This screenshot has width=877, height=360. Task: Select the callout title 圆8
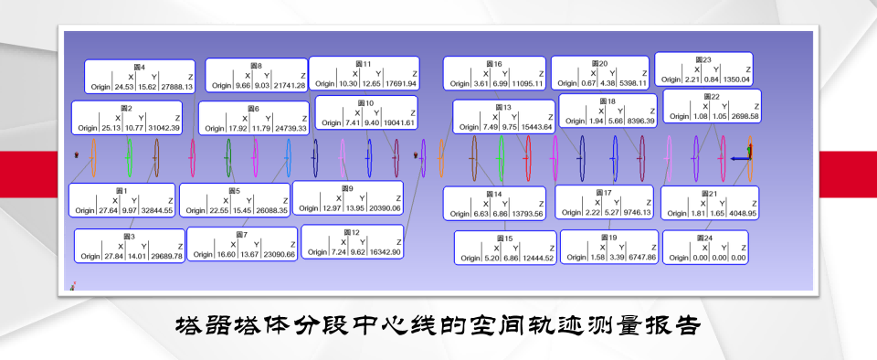click(x=256, y=66)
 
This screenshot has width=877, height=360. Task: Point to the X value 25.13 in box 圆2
click(x=111, y=128)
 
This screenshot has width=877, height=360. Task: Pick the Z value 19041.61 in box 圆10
click(x=396, y=122)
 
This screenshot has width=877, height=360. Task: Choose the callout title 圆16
click(x=494, y=63)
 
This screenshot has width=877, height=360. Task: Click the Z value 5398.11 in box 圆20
click(x=629, y=82)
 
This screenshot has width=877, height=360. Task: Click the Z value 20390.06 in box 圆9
click(x=382, y=208)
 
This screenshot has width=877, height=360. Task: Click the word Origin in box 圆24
click(x=679, y=258)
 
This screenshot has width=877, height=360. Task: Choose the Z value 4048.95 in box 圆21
click(x=738, y=213)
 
